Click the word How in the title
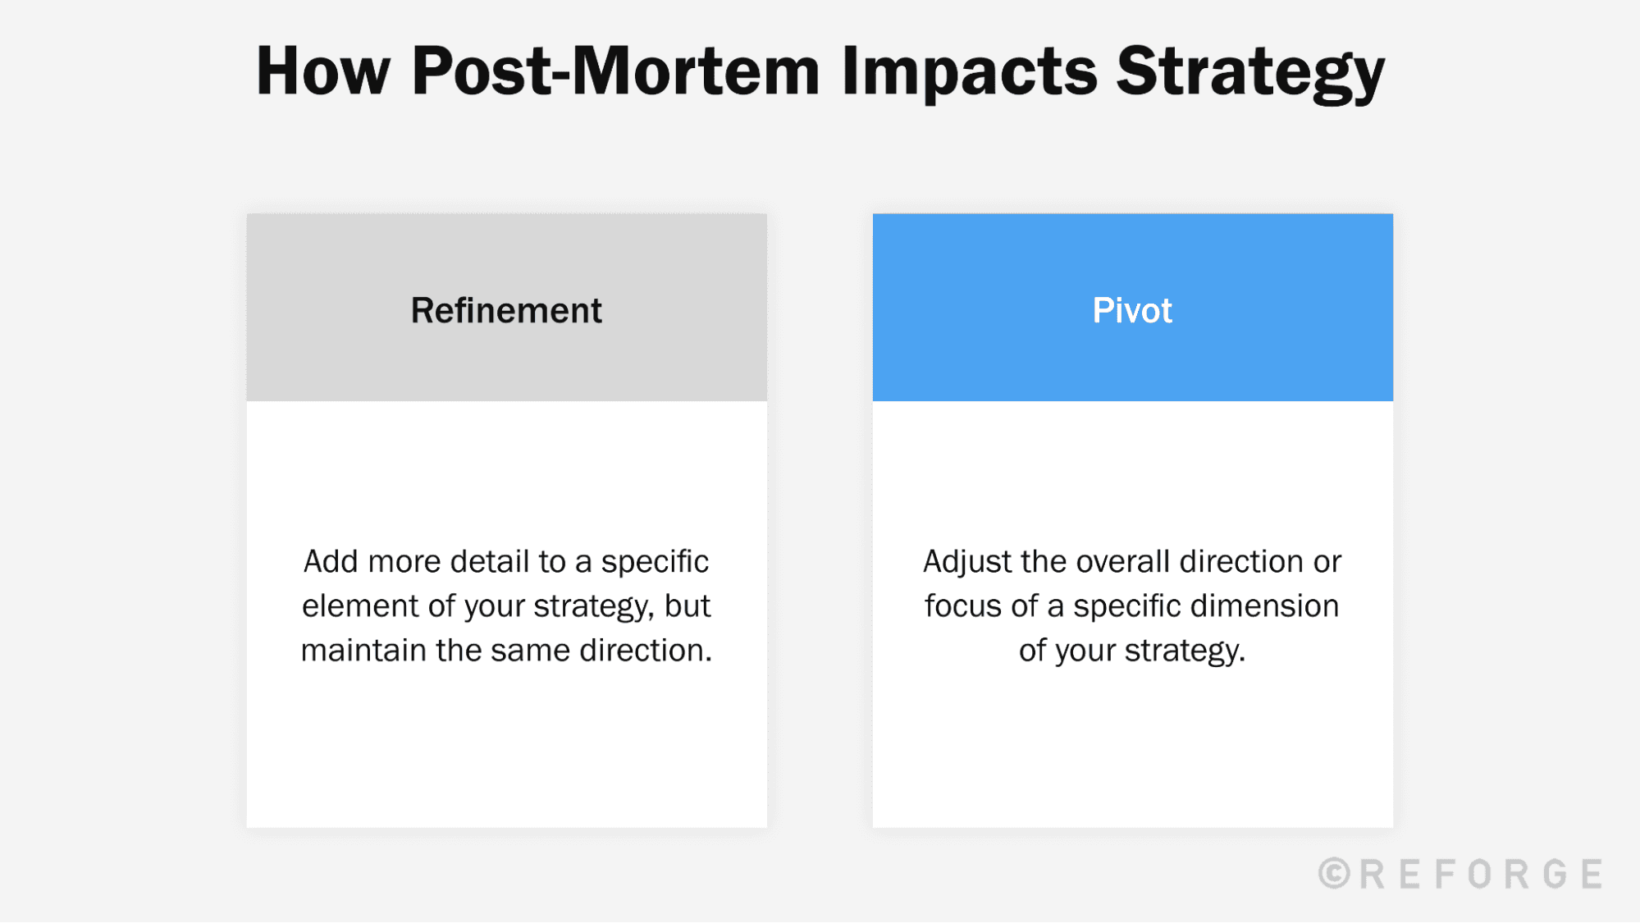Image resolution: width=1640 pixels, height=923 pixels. point(322,71)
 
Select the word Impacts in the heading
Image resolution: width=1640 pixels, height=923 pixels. point(969,71)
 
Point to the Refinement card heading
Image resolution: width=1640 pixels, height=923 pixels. point(506,311)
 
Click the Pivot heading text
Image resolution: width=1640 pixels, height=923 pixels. point(1132,311)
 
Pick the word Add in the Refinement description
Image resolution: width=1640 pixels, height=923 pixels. point(331,562)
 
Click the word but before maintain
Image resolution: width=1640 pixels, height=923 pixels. point(688,606)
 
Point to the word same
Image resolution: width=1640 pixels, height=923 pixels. point(534,651)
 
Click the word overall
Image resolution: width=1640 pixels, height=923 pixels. point(1123,562)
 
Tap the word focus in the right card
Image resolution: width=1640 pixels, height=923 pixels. point(963,606)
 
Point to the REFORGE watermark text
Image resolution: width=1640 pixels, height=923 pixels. point(1481,874)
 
